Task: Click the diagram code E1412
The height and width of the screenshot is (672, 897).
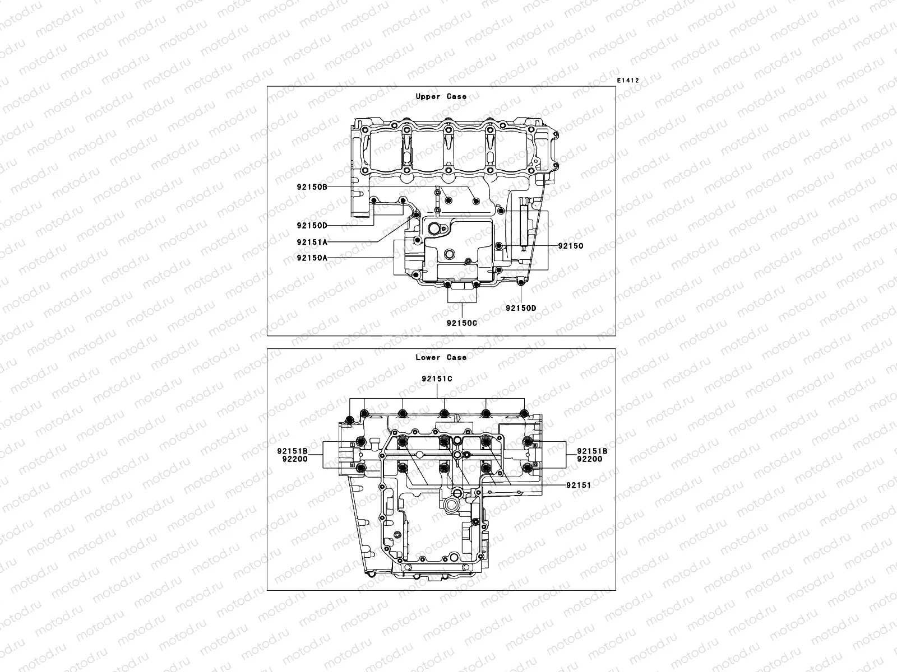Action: [x=628, y=81]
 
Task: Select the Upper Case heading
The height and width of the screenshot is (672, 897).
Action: [x=441, y=96]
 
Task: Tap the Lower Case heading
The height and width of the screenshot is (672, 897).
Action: [x=441, y=357]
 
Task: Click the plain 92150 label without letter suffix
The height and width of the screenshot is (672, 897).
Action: [x=570, y=246]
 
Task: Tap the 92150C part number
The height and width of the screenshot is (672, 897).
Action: [x=461, y=323]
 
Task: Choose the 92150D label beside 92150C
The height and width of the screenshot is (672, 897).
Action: [x=521, y=308]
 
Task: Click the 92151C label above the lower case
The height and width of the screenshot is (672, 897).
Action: [x=437, y=379]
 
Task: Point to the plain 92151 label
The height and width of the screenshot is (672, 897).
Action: [x=578, y=486]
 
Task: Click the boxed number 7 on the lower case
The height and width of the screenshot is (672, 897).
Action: [x=352, y=445]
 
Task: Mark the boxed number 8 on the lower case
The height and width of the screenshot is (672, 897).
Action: [x=352, y=465]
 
